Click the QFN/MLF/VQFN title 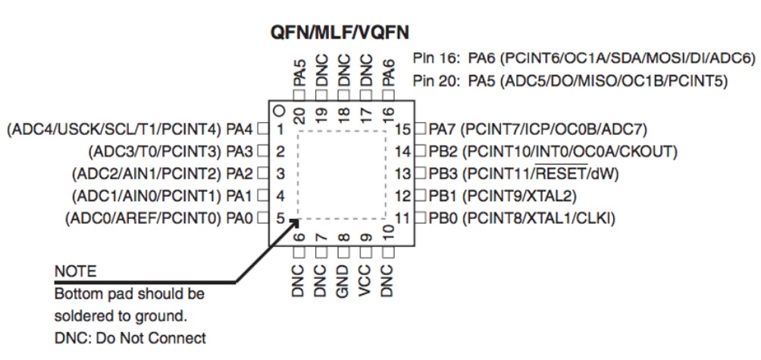click(x=340, y=33)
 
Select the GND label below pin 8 click(x=343, y=281)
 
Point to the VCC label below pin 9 click(x=365, y=281)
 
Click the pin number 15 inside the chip click(x=403, y=130)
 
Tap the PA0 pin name click(x=240, y=218)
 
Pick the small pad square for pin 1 click(x=262, y=130)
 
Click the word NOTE click(x=75, y=271)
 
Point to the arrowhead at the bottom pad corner click(x=294, y=222)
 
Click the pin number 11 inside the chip click(x=402, y=218)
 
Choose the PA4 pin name click(x=240, y=130)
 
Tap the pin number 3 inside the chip click(x=280, y=174)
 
